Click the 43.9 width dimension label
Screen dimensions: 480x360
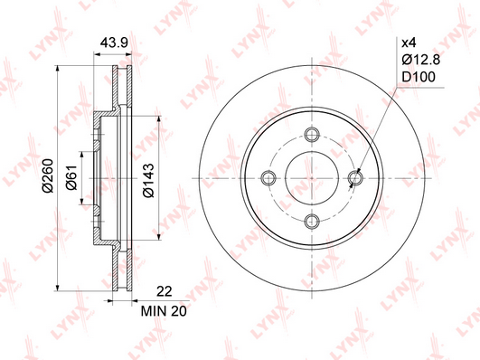coord(114,43)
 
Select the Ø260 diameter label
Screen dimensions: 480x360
coord(49,175)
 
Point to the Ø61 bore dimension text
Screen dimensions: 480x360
coord(72,176)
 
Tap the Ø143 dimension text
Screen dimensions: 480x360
coord(149,181)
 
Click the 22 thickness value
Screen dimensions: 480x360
coord(165,291)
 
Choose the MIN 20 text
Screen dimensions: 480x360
coord(164,311)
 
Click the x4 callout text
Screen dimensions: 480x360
coord(409,43)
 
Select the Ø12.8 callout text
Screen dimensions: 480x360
coord(421,60)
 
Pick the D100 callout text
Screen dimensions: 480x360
coord(419,77)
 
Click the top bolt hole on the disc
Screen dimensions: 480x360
coord(312,135)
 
